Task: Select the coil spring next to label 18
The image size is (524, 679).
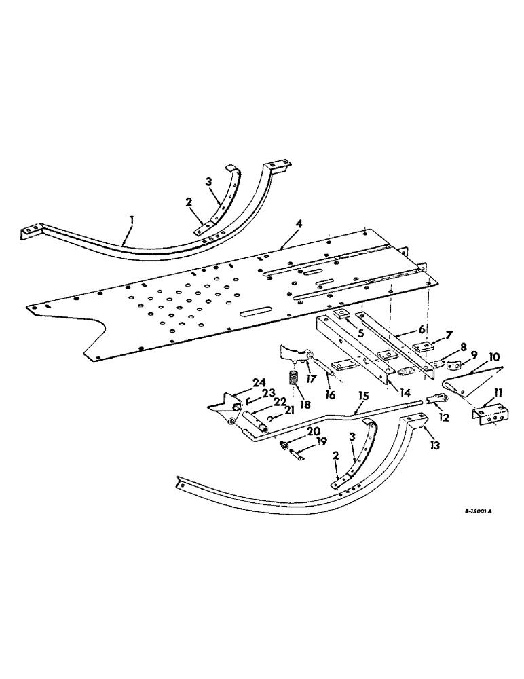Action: pyautogui.click(x=295, y=378)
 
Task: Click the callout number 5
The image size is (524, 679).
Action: pyautogui.click(x=361, y=334)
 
